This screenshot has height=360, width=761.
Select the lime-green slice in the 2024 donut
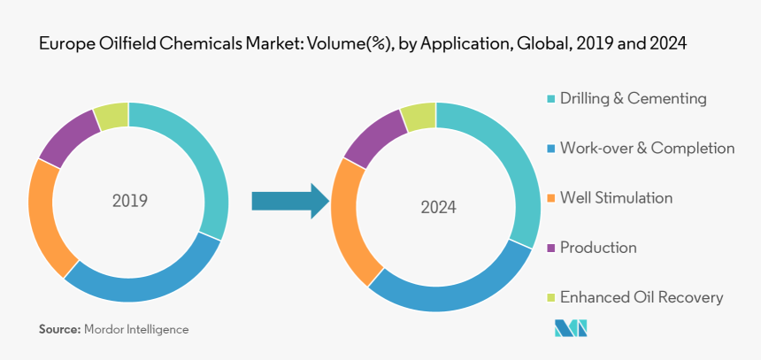pos(419,117)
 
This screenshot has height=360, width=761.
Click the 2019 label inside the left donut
pos(130,201)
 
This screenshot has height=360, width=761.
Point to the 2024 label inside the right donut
pos(438,208)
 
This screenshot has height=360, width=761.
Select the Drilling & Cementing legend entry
pos(632,98)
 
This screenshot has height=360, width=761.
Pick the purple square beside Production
pos(552,248)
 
